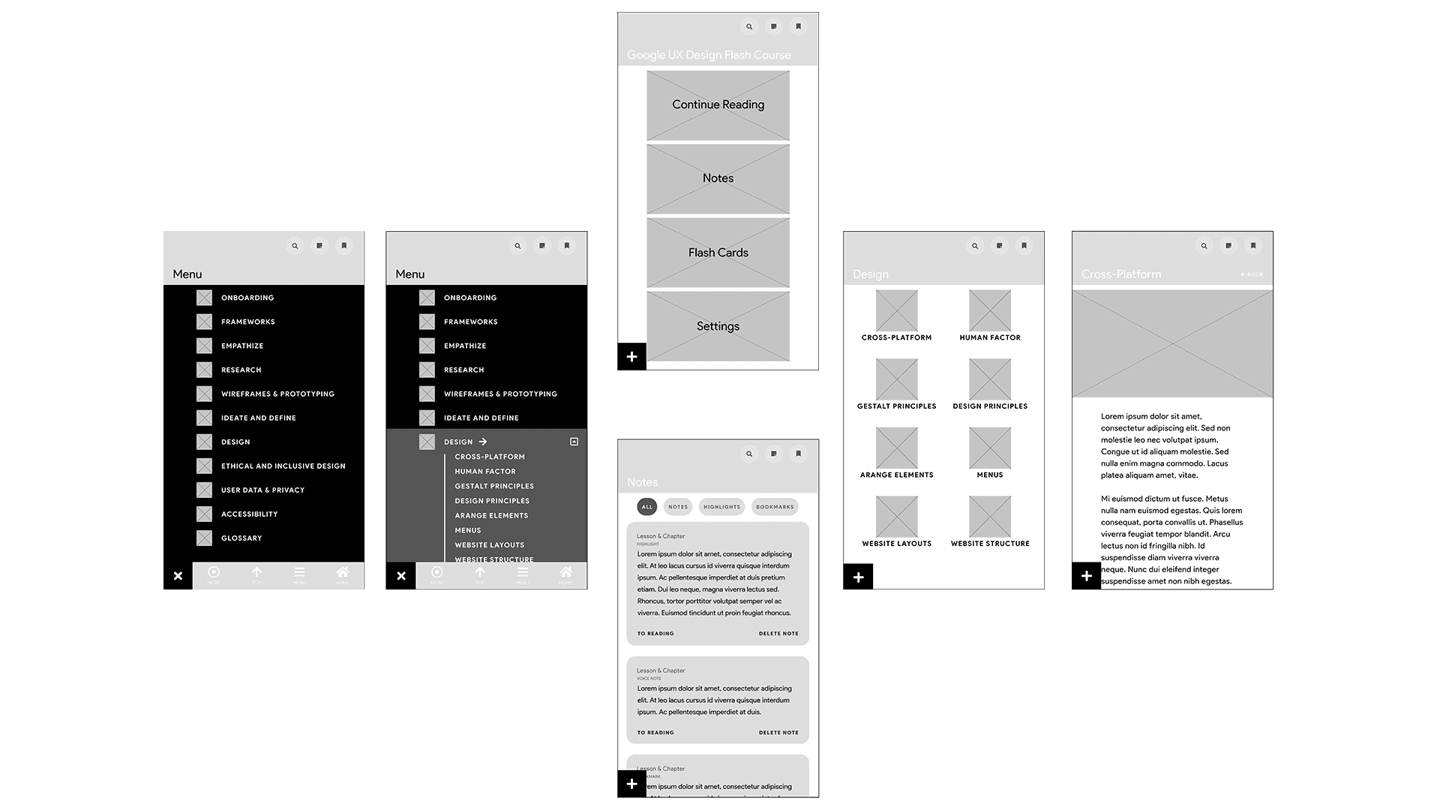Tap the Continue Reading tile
pyautogui.click(x=718, y=105)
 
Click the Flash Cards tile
pyautogui.click(x=718, y=253)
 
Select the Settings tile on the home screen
pyautogui.click(x=718, y=326)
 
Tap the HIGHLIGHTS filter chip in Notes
pyautogui.click(x=721, y=507)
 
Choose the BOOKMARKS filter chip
pyautogui.click(x=775, y=507)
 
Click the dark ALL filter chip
pyautogui.click(x=646, y=507)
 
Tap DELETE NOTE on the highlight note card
pyautogui.click(x=778, y=634)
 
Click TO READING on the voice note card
pyautogui.click(x=655, y=733)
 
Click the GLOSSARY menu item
pyautogui.click(x=241, y=538)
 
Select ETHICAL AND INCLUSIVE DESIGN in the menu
pyautogui.click(x=283, y=466)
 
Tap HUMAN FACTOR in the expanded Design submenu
pyautogui.click(x=485, y=472)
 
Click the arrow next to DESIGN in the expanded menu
pyautogui.click(x=483, y=442)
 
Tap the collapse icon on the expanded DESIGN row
pyautogui.click(x=574, y=442)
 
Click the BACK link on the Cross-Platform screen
pyautogui.click(x=1252, y=274)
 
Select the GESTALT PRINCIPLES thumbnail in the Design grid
pyautogui.click(x=897, y=379)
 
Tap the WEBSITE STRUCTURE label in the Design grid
pyautogui.click(x=990, y=544)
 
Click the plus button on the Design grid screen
pyautogui.click(x=859, y=577)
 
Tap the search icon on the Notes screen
pyautogui.click(x=749, y=453)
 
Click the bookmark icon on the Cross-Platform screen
pyautogui.click(x=1253, y=246)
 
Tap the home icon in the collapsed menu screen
pyautogui.click(x=343, y=574)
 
